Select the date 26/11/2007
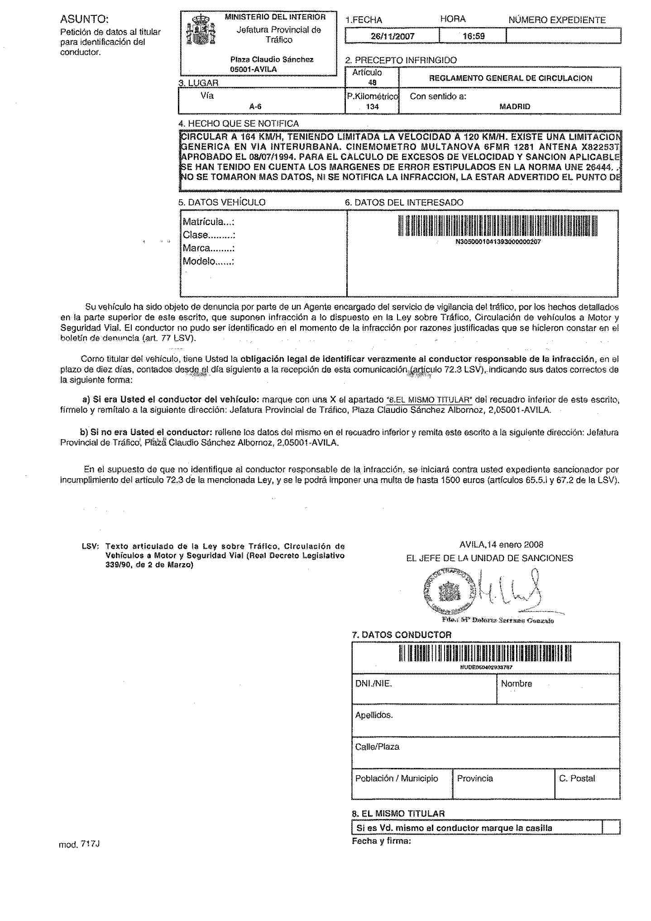pos(392,36)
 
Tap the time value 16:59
pos(474,36)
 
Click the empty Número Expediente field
pos(563,36)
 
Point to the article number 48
pos(372,83)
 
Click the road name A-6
pos(255,107)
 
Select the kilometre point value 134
pos(372,107)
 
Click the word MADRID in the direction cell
pos(514,107)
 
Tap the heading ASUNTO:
pos(84,19)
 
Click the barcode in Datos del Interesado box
pos(498,226)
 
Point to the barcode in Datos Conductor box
pos(485,654)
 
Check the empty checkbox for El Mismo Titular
pos(611,828)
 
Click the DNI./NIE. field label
pos(373,684)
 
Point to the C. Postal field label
pos(577,778)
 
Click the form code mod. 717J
pos(79,844)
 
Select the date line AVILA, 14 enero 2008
pos(501,545)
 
